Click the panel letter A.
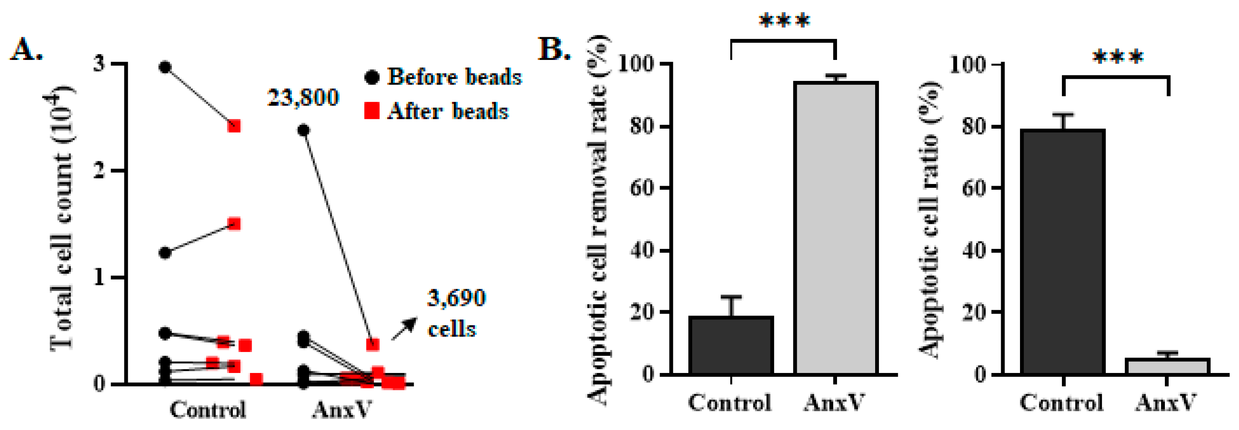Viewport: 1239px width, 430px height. click(26, 49)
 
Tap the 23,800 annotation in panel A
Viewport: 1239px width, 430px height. click(303, 98)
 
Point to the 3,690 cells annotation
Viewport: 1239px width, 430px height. click(456, 313)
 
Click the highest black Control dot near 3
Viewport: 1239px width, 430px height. click(165, 67)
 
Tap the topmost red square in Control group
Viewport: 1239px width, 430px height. click(234, 126)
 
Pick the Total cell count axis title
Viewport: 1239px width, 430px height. click(62, 219)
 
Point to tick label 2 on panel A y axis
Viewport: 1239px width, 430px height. click(99, 171)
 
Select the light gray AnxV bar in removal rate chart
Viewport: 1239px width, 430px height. click(835, 229)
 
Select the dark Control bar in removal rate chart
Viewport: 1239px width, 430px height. click(731, 345)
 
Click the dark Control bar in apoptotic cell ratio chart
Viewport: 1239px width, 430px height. click(1062, 252)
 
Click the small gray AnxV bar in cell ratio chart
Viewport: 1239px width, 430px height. click(1167, 366)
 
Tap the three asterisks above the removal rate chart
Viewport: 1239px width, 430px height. click(784, 21)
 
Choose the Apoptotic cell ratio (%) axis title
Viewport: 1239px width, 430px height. click(931, 219)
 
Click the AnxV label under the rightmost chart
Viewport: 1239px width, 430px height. click(1166, 403)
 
